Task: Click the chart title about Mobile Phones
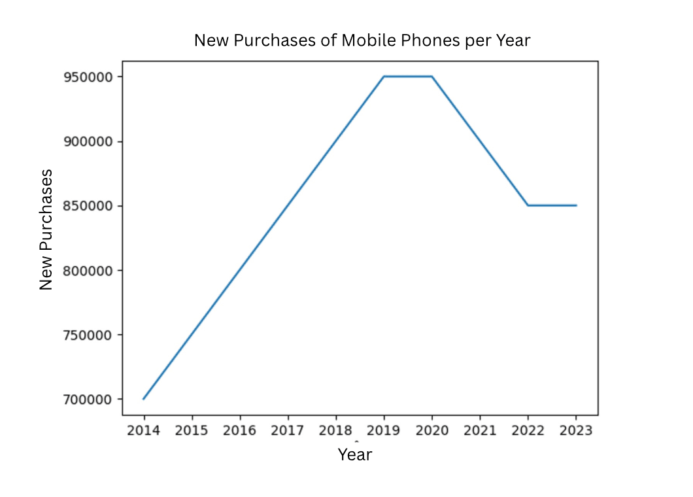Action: coord(362,41)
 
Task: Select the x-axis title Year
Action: coord(354,454)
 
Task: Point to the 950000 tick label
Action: coord(89,77)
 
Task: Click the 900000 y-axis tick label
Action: coord(89,141)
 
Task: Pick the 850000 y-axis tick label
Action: coord(89,206)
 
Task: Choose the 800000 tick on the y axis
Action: coord(89,270)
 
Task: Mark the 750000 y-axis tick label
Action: coord(89,335)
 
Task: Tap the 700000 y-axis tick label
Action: coord(89,399)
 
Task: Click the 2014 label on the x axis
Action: coord(144,430)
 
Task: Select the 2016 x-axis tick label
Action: coord(240,430)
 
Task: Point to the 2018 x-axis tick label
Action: coord(336,430)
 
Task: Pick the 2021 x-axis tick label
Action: coord(480,430)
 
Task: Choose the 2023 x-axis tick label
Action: coord(576,430)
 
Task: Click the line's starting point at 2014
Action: coord(144,399)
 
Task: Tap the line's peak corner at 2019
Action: coord(384,77)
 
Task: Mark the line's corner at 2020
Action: coord(432,77)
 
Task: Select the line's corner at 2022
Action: coord(528,205)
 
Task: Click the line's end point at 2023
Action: coord(576,205)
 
